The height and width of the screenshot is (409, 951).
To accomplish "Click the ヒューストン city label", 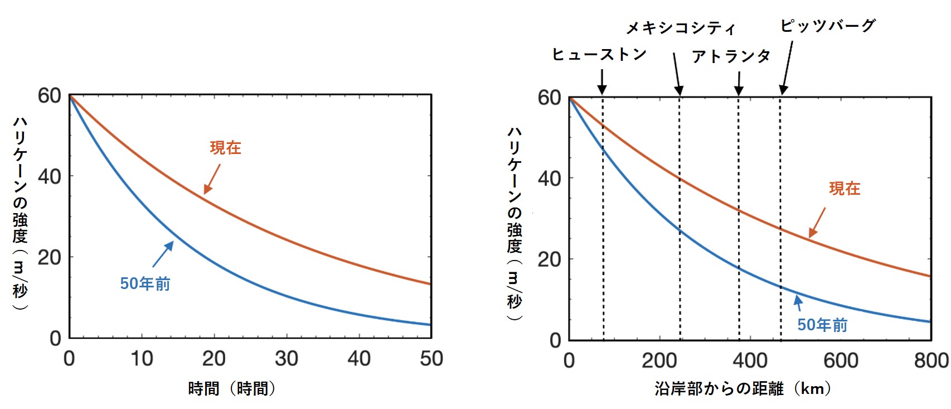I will (x=599, y=54).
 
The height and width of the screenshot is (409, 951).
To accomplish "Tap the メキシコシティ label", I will (x=680, y=28).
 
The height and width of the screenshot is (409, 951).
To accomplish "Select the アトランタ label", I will (x=731, y=56).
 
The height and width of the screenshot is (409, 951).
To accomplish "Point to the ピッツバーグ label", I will (x=827, y=26).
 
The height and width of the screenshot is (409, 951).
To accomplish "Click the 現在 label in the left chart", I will (x=225, y=148).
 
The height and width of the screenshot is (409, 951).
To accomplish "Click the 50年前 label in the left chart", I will (x=145, y=283).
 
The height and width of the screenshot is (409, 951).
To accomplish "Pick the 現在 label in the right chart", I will (x=844, y=189).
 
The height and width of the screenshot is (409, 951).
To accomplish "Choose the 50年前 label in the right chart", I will (x=822, y=325).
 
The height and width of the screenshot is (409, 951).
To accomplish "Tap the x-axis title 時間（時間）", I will (x=231, y=388).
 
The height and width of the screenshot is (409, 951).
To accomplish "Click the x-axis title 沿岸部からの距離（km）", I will (x=743, y=388).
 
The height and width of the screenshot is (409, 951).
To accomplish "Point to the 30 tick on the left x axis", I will (x=287, y=359).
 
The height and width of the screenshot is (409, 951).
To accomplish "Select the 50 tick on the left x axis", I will (x=431, y=359).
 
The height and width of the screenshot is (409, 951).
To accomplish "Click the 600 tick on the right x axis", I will (x=841, y=360).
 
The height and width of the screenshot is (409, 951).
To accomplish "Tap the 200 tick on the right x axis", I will (x=659, y=360).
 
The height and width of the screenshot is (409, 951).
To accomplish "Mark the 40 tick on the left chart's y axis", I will (x=49, y=177).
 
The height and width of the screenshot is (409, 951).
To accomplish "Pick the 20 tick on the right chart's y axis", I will (x=549, y=259).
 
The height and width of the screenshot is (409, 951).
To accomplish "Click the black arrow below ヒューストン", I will (x=602, y=81).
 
